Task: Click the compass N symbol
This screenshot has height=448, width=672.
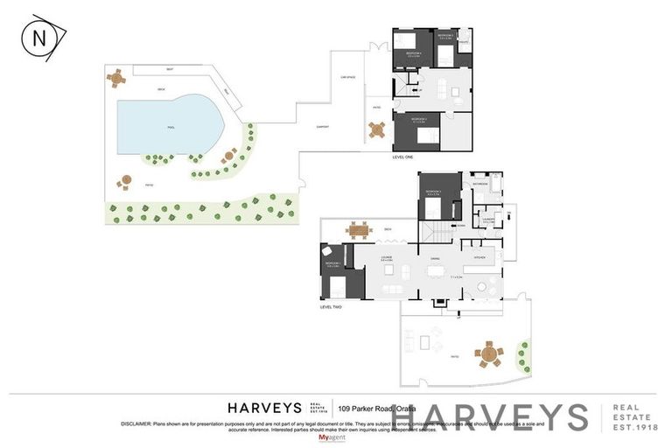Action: point(38,38)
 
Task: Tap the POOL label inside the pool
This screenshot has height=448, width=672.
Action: point(171,127)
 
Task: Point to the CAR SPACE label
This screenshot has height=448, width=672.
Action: point(347,77)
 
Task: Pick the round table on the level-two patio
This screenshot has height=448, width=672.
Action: point(489,355)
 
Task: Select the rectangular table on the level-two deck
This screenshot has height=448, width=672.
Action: point(359,230)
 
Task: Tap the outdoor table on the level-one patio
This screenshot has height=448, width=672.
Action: point(377,130)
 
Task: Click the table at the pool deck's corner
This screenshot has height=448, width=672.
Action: point(115,78)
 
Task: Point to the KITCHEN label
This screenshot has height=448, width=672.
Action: point(479,258)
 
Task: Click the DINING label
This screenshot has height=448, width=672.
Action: point(434,258)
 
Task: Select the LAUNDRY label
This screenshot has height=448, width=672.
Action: point(488,220)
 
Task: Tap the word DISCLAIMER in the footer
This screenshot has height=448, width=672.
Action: point(136,423)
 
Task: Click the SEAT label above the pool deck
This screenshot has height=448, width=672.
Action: point(169,69)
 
